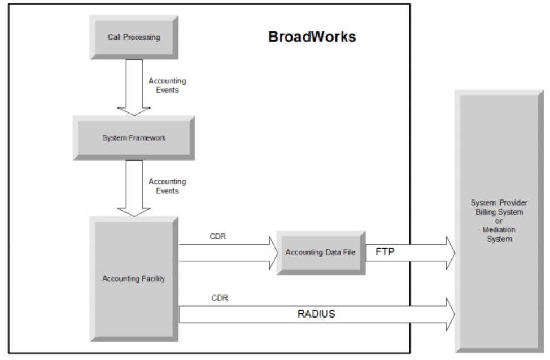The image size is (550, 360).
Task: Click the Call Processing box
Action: [x=133, y=37]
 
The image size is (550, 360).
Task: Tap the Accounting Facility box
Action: [x=133, y=278]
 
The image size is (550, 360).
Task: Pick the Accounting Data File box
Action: [x=320, y=252]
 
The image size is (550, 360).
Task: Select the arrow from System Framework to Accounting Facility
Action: [x=133, y=187]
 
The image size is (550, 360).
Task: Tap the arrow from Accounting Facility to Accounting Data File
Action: [x=226, y=252]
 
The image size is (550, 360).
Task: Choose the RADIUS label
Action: [x=316, y=314]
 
